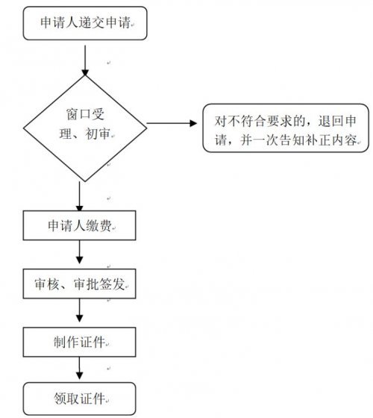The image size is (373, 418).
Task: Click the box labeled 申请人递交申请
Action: [85, 23]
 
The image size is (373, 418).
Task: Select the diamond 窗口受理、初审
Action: [85, 128]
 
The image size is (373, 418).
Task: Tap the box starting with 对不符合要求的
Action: [286, 128]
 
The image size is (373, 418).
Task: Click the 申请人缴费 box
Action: [79, 225]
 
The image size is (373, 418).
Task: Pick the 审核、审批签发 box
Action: [79, 284]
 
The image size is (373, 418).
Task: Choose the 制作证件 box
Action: [79, 342]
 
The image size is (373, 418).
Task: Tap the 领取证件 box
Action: [79, 399]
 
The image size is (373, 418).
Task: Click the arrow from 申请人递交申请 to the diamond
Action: [85, 60]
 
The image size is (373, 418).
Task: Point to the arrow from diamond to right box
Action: [172, 123]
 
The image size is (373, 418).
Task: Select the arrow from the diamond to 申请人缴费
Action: [79, 197]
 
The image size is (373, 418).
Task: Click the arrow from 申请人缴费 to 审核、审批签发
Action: [79, 252]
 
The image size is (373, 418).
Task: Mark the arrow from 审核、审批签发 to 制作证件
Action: [79, 311]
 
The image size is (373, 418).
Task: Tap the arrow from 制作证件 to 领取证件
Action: [79, 369]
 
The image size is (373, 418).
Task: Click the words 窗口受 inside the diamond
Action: [85, 114]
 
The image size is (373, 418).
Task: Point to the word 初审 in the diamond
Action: [98, 134]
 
